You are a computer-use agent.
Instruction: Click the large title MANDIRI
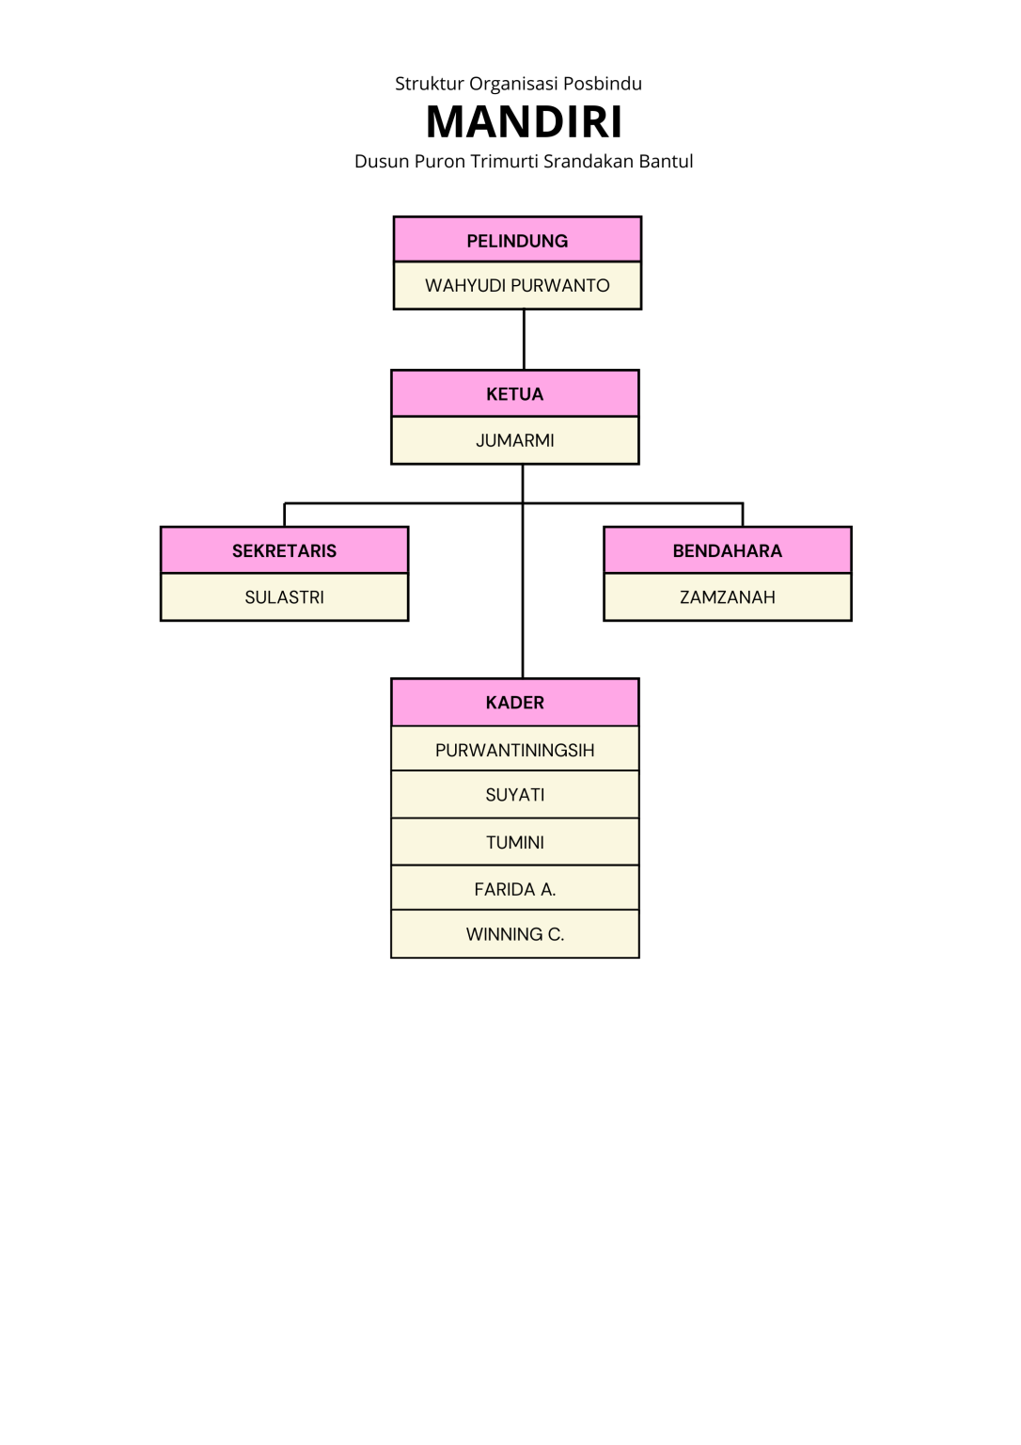coord(524,122)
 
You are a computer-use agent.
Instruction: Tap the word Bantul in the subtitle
coord(666,162)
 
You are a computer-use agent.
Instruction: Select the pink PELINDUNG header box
coord(517,240)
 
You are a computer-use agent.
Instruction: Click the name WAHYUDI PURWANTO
coord(517,286)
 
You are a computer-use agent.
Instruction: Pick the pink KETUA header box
coord(514,394)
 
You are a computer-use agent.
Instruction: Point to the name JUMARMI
coord(514,440)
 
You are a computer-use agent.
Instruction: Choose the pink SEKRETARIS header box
coord(284,550)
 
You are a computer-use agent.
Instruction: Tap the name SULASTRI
coord(284,597)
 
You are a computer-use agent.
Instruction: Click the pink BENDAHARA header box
coord(727,550)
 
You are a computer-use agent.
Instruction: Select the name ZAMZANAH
coord(727,597)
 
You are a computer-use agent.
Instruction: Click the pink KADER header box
coord(514,703)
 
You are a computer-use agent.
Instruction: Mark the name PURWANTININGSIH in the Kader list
coord(514,750)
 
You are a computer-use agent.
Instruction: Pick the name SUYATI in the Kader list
coord(514,795)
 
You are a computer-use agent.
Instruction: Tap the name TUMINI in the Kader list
coord(514,842)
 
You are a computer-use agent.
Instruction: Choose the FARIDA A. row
coord(514,889)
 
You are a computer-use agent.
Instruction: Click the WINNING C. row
coord(514,934)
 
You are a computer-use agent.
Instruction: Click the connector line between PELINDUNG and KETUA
coord(524,340)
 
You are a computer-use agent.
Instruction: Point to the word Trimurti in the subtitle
coord(504,162)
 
